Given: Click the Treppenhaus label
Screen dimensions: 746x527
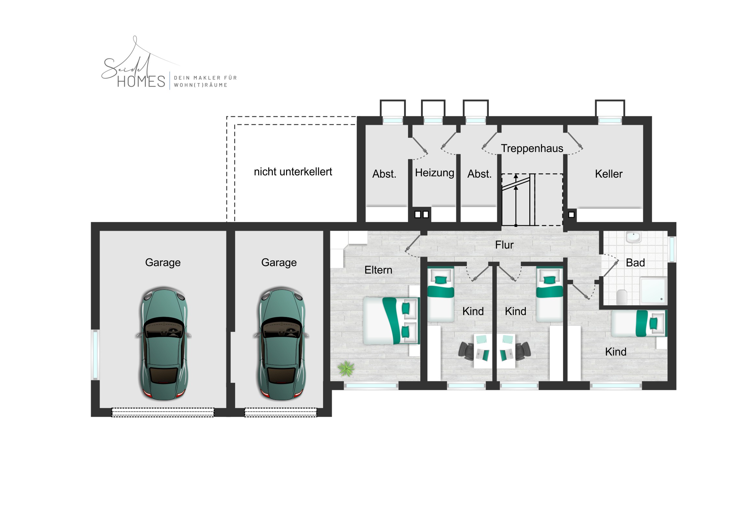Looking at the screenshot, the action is point(532,148).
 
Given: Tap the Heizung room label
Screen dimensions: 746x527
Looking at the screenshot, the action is point(434,173).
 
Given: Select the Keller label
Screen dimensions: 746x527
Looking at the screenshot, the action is point(608,174).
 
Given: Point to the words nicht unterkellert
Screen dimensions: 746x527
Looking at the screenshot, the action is point(293,171).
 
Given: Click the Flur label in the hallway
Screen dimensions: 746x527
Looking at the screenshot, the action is point(504,245).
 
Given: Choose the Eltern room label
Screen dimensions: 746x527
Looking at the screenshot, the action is point(378,270).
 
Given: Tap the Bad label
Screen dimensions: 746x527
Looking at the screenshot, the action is point(635,263).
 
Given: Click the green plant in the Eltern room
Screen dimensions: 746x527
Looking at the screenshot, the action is point(346,368).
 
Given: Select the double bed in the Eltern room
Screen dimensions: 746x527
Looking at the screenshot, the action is point(391,321).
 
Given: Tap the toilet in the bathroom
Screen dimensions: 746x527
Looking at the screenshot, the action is point(621,297).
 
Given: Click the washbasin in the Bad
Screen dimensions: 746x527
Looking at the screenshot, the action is point(633,237).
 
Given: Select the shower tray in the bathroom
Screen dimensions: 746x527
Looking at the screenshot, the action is point(654,291).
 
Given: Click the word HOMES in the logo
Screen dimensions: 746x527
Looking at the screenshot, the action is point(141,81).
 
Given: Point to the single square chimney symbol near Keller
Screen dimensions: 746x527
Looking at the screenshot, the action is point(571,215).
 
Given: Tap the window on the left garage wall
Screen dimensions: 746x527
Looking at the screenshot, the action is point(95,355).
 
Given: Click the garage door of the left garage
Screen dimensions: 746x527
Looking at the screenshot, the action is point(163,412).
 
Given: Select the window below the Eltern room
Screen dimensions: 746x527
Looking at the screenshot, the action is point(371,386).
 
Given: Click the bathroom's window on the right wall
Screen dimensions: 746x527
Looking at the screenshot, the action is point(672,249).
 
